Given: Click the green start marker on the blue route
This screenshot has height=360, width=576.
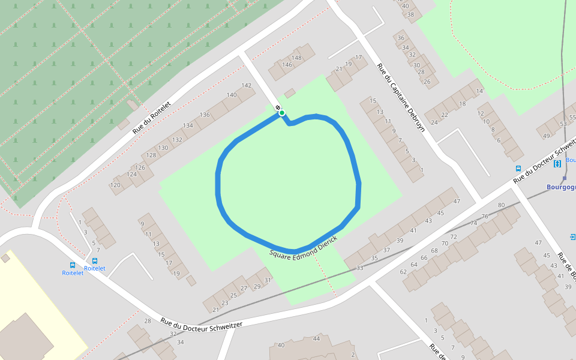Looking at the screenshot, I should [x=281, y=113].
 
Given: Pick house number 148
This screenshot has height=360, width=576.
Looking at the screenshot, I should [x=297, y=58].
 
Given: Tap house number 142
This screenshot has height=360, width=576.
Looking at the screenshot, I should [x=246, y=85].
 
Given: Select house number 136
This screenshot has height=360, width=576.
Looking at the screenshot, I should [x=205, y=115].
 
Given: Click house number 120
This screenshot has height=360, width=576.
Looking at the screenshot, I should [x=115, y=185].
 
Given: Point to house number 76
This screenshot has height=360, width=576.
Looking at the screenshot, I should [x=485, y=216].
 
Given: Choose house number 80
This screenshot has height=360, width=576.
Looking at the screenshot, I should [x=502, y=205].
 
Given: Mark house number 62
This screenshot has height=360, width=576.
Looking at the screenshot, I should [x=404, y=272].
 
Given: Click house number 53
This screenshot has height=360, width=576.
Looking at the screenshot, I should [x=563, y=124].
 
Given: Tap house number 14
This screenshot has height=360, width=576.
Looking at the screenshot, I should [x=479, y=91].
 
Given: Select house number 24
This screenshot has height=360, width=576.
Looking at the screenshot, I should [x=435, y=122].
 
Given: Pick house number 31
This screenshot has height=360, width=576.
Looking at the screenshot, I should [x=268, y=280].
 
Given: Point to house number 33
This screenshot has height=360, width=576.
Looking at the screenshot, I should [x=359, y=268].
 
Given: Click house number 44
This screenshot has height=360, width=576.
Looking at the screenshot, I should [x=316, y=339].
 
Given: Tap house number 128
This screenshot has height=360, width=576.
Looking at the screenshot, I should [x=151, y=155].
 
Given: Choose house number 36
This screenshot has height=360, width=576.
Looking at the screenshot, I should [x=401, y=38].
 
